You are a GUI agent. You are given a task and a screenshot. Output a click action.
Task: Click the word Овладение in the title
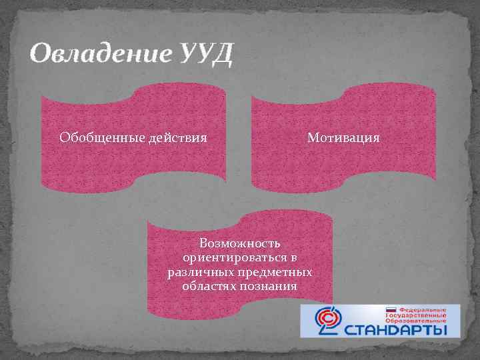point(100,53)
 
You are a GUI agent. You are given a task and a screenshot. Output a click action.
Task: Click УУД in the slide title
point(206,53)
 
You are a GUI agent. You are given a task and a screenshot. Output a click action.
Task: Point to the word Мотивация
point(343,138)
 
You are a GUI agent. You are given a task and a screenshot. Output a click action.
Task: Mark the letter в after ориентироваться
point(293,258)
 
